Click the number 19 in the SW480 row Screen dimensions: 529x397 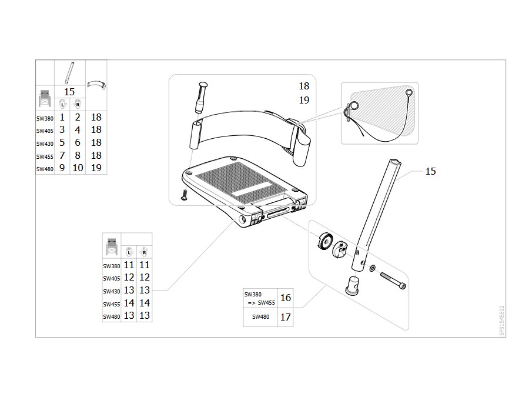point(96,168)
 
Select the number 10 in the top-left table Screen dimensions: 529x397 point(78,168)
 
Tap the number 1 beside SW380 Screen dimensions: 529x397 point(62,117)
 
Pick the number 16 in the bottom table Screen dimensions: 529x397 point(286,298)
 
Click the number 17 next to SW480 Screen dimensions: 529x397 point(286,317)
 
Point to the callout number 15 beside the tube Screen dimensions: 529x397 point(430,171)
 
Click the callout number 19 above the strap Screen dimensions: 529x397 point(304,100)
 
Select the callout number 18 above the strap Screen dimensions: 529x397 point(304,86)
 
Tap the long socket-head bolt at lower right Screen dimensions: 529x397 point(393,281)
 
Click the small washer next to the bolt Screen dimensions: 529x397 point(372,268)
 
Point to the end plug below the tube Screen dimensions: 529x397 point(353,285)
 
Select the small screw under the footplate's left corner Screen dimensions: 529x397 point(184,195)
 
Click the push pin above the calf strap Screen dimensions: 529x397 point(201,96)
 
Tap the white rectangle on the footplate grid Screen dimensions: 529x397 point(252,189)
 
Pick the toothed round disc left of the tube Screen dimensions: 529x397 point(325,241)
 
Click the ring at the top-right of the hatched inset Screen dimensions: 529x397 point(409,92)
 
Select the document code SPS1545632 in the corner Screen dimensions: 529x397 point(502,321)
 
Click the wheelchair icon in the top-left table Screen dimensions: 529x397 point(45,98)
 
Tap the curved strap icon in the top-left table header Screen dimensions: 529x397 point(96,84)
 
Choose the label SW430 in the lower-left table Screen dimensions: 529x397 point(111,291)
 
